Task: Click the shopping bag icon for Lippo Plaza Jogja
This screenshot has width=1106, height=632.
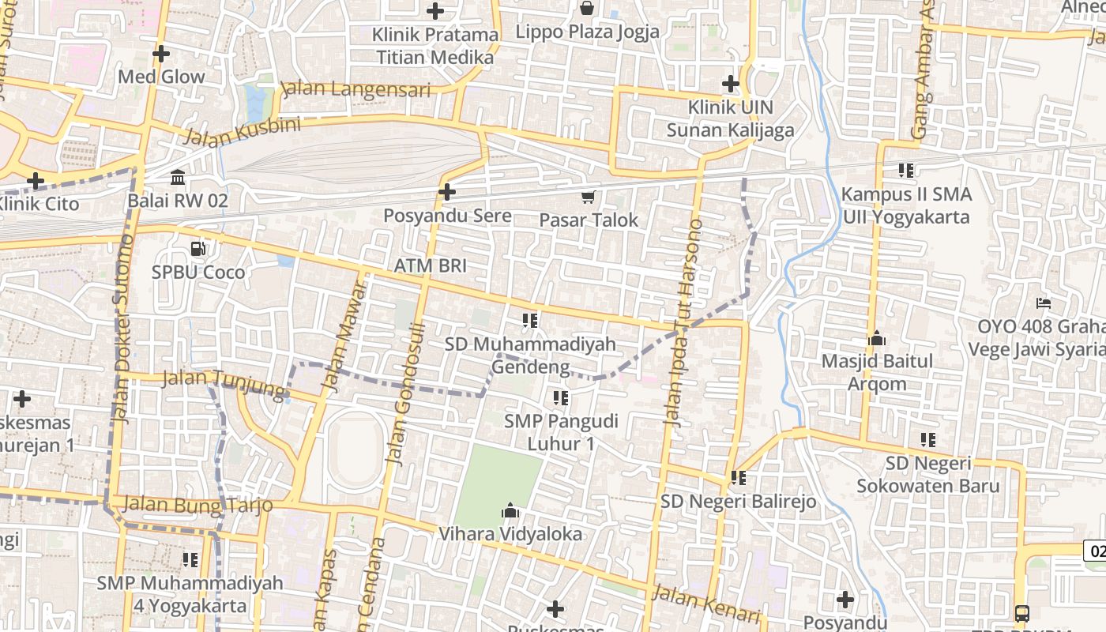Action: click(x=587, y=9)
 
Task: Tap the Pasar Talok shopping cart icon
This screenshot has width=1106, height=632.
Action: click(x=588, y=197)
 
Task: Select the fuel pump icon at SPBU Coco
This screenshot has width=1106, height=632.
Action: click(x=197, y=249)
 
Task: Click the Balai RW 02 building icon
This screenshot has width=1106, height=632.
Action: click(x=178, y=177)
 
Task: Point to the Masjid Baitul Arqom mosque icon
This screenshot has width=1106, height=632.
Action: click(x=877, y=339)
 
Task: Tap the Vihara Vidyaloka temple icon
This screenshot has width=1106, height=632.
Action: click(x=510, y=510)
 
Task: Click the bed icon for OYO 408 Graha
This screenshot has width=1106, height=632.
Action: click(x=1043, y=303)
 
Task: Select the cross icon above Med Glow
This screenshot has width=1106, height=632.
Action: click(x=161, y=54)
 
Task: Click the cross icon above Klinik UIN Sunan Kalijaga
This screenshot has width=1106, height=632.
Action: click(x=731, y=83)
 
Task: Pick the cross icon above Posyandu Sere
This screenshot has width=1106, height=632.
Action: click(x=447, y=192)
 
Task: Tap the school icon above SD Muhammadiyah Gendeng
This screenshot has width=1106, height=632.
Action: click(x=530, y=320)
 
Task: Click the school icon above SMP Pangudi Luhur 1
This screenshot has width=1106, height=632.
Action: click(x=561, y=397)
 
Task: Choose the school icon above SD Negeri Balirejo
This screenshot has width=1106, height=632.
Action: click(x=739, y=477)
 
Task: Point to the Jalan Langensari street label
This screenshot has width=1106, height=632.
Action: click(x=355, y=88)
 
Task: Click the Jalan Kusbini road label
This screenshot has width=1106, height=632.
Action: click(x=242, y=132)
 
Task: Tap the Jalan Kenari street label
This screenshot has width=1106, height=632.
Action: click(x=706, y=604)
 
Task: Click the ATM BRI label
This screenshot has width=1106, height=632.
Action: click(x=430, y=265)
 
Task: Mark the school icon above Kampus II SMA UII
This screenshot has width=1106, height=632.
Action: click(x=906, y=170)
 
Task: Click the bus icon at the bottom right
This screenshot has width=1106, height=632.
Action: click(x=1021, y=613)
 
